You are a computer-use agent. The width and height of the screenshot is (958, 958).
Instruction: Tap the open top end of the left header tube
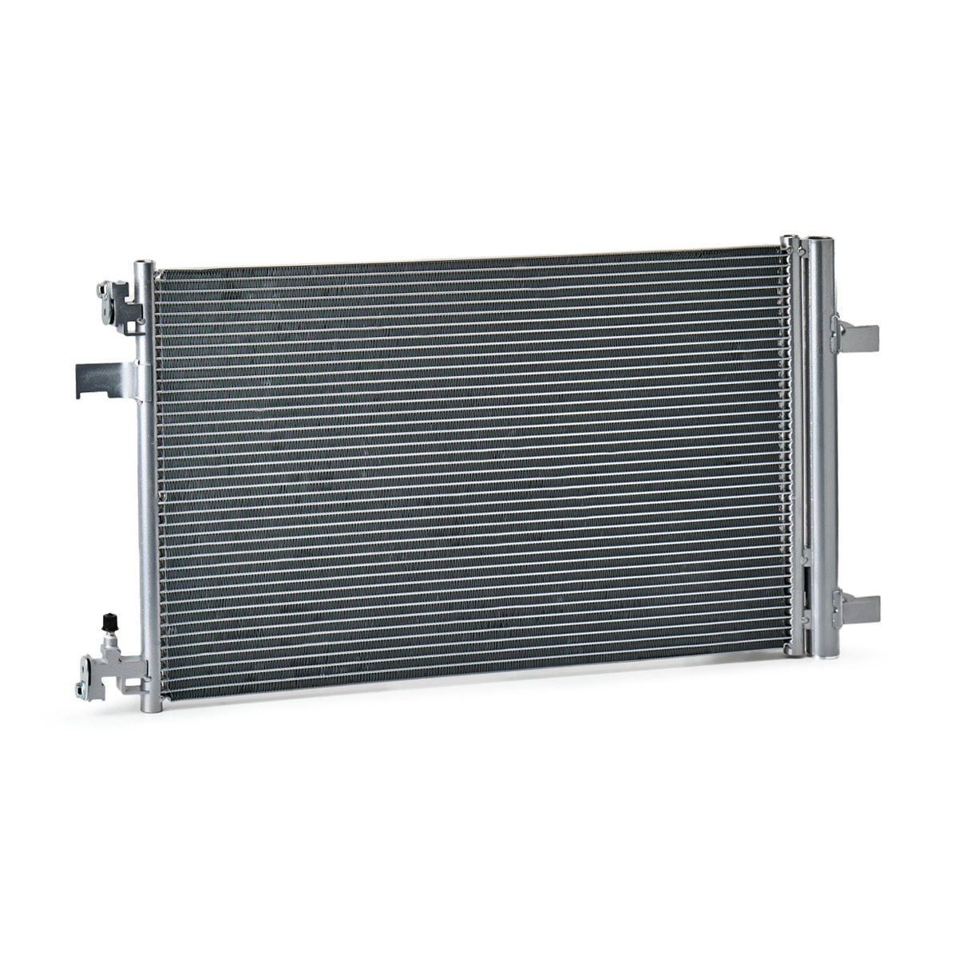pyautogui.click(x=142, y=263)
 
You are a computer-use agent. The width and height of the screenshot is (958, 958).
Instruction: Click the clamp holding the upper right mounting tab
pyautogui.click(x=836, y=334)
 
